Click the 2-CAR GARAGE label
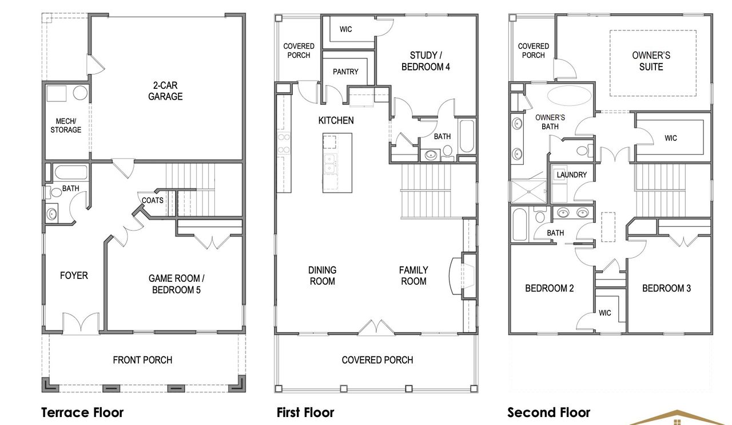pos(165,91)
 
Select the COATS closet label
pos(153,200)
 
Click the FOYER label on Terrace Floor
pos(74,276)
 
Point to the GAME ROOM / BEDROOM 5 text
pos(176,284)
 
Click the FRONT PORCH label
pos(142,360)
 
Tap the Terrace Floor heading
pos(82,412)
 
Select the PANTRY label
pos(345,72)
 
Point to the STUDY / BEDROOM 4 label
pos(425,61)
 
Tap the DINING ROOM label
pos(322,276)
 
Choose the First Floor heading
pos(305,412)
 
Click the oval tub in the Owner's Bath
pos(570,96)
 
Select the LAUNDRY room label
pos(571,174)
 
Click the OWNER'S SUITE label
pos(651,61)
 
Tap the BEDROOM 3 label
pos(666,288)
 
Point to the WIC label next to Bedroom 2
pos(605,313)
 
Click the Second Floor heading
pos(548,412)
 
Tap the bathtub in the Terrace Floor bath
pos(70,172)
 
